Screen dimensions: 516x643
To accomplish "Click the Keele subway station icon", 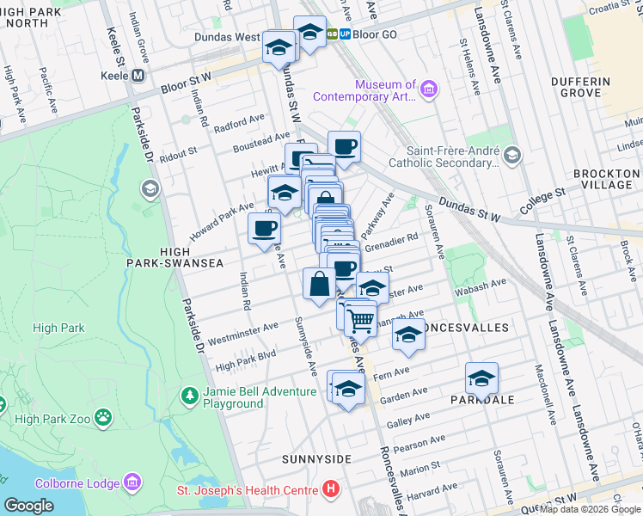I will tap(138, 76).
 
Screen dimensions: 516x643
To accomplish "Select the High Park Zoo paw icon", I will tap(103, 418).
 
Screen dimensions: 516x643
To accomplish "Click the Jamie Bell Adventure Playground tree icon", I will tap(189, 396).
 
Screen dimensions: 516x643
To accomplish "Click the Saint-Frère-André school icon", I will tap(512, 154).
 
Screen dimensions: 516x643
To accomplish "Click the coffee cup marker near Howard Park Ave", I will tap(264, 229).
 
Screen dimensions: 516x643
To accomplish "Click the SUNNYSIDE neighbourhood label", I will tap(316, 459).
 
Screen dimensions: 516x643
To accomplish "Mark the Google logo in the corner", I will tap(28, 505).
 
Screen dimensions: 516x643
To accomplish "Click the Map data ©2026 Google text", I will tap(590, 509).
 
